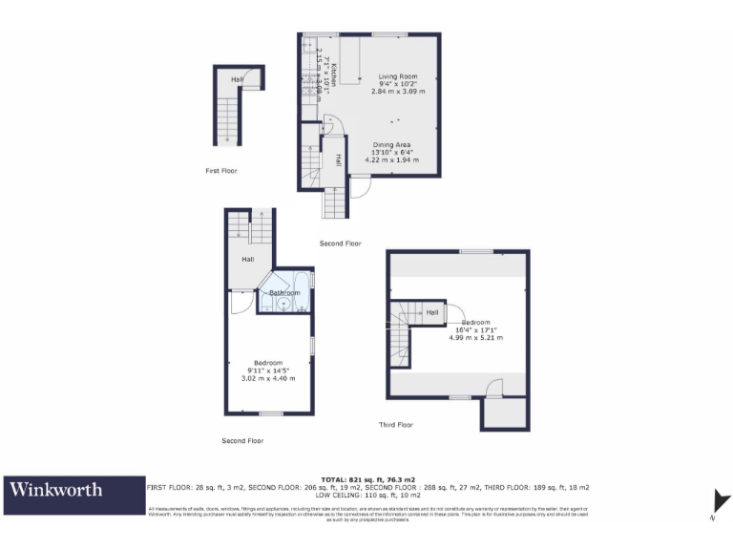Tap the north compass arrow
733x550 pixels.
click(x=722, y=501)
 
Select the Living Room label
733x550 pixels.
click(x=398, y=76)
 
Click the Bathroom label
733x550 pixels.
click(x=284, y=293)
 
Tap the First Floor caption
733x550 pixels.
click(x=221, y=171)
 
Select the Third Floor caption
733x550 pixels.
click(x=395, y=425)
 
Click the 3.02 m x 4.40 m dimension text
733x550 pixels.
click(x=268, y=378)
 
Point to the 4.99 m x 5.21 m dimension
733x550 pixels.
click(x=475, y=338)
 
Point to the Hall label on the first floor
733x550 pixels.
click(x=236, y=79)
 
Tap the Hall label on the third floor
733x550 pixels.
click(x=432, y=312)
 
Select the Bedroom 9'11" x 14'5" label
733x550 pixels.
click(x=268, y=363)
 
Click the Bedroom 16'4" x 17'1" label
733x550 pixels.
click(x=475, y=323)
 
